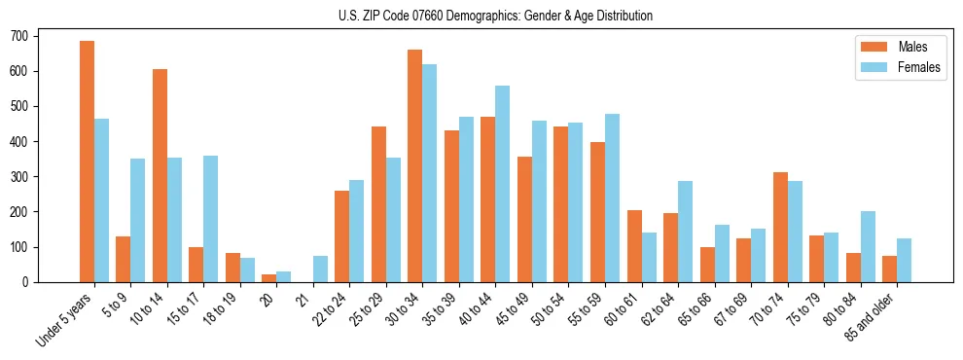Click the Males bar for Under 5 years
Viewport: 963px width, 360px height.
tap(87, 162)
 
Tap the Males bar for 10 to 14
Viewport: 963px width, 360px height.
tap(160, 175)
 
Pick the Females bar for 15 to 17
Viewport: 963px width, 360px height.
tap(211, 219)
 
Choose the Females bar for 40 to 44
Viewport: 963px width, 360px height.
tap(503, 184)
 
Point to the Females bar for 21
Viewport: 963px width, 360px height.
tap(320, 269)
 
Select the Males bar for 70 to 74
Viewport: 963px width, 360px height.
tap(780, 227)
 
